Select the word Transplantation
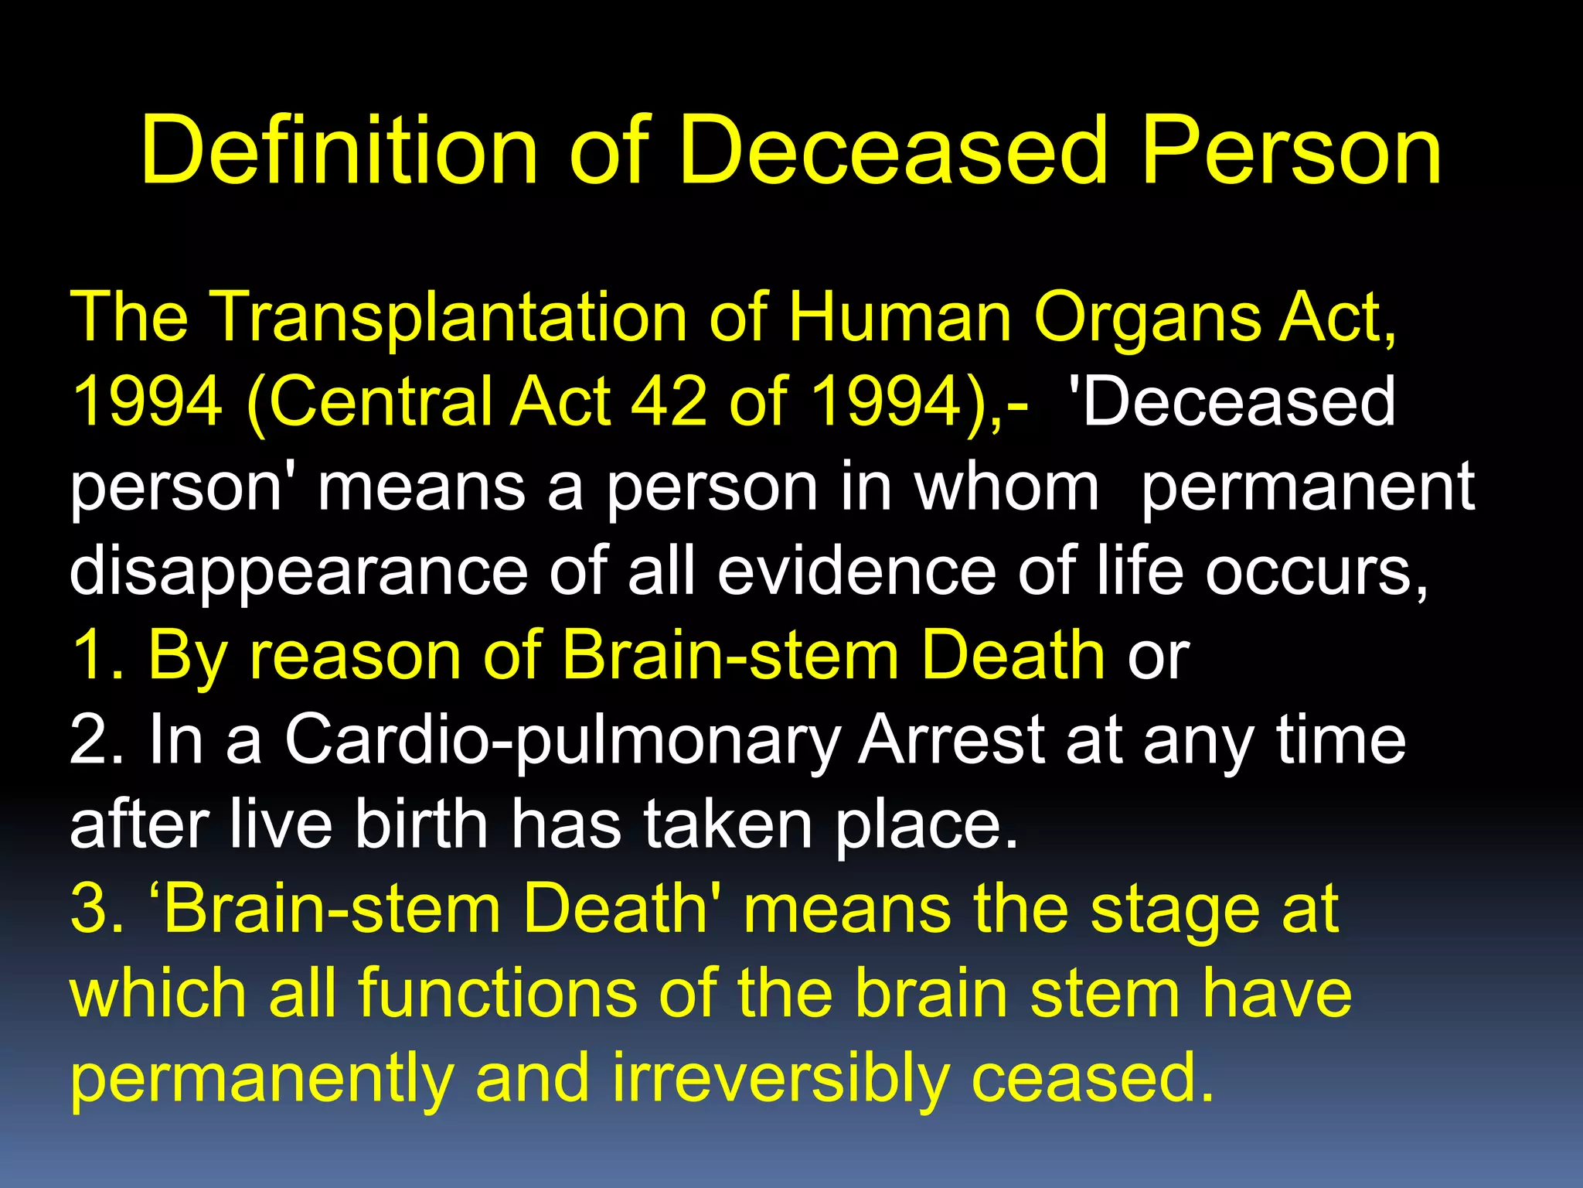(448, 317)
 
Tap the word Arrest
(952, 740)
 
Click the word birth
(421, 824)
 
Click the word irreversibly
(781, 1079)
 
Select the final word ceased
(1091, 1079)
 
